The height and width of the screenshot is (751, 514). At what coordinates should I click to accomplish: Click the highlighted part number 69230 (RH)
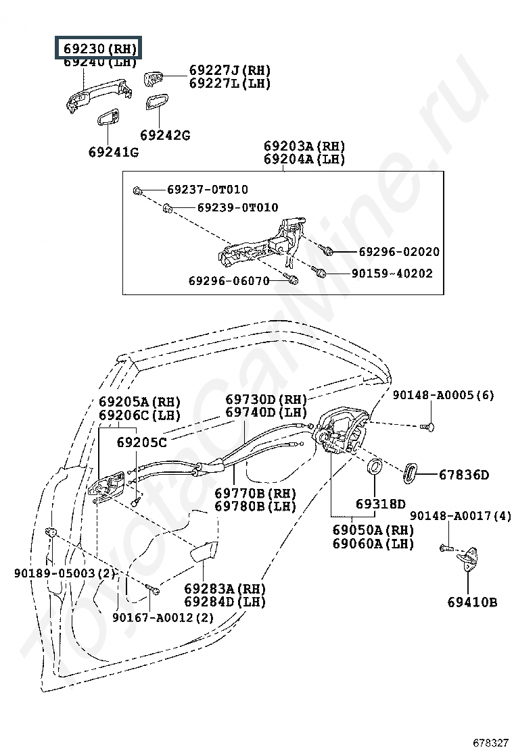[100, 49]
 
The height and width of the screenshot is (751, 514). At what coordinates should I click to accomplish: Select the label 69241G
[113, 152]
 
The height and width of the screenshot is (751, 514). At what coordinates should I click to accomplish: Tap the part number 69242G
[165, 135]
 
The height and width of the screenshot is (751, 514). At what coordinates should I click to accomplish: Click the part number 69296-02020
[398, 251]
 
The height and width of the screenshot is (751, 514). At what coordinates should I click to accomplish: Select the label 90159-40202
[392, 274]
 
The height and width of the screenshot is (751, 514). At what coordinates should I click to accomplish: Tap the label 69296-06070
[230, 280]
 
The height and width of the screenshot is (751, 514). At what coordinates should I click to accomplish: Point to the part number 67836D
[463, 475]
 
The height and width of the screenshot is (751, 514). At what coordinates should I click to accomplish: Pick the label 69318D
[381, 504]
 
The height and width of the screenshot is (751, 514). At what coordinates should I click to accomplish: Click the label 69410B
[472, 602]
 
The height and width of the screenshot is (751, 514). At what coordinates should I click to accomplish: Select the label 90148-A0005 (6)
[444, 395]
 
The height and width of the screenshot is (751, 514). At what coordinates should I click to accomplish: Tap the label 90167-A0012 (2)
[163, 617]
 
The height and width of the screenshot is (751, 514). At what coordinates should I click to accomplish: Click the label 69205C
[141, 442]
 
